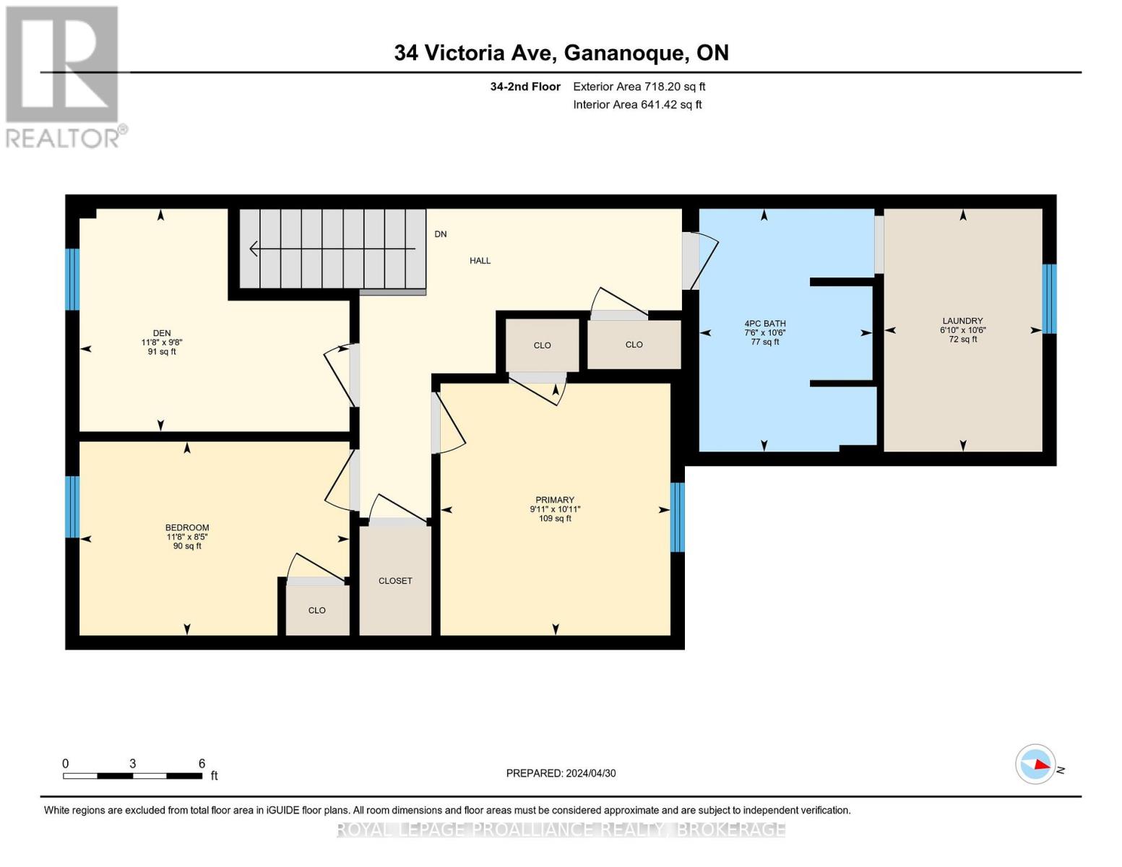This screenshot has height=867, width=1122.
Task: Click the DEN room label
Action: [x=161, y=334]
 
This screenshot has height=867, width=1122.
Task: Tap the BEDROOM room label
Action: [x=187, y=528]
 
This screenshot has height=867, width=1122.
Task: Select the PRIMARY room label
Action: [x=555, y=500]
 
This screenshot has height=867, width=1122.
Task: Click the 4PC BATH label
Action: [x=765, y=324]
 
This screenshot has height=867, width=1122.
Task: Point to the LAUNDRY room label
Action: [x=962, y=321]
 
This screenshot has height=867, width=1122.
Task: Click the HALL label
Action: [x=480, y=261]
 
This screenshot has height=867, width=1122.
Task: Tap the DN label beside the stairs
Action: [x=441, y=234]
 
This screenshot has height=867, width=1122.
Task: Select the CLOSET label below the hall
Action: [x=395, y=581]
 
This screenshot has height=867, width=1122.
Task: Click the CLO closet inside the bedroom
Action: [x=317, y=611]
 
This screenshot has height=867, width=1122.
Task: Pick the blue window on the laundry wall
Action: [x=1049, y=298]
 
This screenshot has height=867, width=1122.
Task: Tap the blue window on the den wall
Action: [x=72, y=279]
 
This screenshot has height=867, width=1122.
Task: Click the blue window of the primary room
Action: [x=678, y=517]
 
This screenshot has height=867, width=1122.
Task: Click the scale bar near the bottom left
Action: [x=132, y=776]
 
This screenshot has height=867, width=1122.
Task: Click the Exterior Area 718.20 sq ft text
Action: [x=639, y=87]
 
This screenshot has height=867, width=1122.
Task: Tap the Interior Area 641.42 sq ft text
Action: [x=637, y=105]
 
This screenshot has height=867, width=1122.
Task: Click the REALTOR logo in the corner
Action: [x=64, y=76]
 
